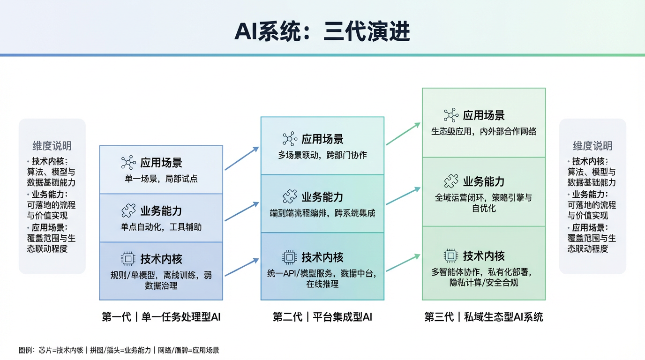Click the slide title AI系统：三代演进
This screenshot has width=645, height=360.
point(322,32)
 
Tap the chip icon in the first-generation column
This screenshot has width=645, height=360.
point(128,259)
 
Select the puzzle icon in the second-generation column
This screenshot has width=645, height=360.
point(290,196)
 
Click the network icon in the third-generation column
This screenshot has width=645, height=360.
point(451,115)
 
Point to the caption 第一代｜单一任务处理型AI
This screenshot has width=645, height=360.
point(161,317)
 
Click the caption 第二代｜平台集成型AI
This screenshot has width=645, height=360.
point(322,317)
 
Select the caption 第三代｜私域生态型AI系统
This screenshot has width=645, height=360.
point(483,317)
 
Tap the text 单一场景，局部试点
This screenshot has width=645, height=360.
point(161,179)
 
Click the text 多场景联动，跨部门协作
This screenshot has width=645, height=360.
point(322,155)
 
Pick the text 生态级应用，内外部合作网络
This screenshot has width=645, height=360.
point(483,131)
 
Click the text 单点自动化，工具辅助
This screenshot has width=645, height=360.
point(161,227)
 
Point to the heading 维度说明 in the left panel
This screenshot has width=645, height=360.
point(52,146)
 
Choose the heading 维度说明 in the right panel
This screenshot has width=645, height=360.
point(592,146)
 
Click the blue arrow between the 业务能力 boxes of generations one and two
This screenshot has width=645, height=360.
point(242,211)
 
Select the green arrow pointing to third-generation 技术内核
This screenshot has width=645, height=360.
point(403,263)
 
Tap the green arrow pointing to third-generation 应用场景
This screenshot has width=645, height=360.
point(403,134)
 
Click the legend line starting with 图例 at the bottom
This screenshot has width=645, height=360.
point(119,350)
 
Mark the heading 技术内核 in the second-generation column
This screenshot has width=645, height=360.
point(322,257)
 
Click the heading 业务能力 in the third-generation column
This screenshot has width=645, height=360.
point(484,181)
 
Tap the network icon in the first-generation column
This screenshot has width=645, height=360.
point(128,163)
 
